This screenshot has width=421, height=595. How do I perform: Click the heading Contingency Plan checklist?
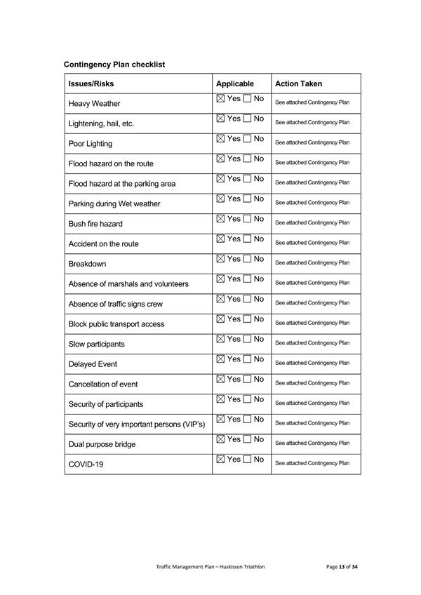[114, 65]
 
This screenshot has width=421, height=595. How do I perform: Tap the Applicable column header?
[234, 83]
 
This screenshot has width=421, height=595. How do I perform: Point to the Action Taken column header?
[299, 83]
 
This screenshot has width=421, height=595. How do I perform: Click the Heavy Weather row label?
[94, 104]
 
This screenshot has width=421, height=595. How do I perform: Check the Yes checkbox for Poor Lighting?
[221, 139]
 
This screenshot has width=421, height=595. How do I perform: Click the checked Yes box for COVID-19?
[221, 460]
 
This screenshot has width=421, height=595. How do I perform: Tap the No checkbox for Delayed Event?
[247, 359]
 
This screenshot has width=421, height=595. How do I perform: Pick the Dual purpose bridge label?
[102, 444]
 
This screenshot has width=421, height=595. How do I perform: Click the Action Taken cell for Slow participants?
[312, 343]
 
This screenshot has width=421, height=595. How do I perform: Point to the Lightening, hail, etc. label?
[101, 123]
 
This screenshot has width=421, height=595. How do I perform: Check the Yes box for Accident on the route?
[221, 239]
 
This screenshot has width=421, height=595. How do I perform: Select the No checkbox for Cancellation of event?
[247, 380]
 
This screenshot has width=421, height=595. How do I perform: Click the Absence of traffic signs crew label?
[120, 304]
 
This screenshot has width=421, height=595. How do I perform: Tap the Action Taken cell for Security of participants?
[312, 403]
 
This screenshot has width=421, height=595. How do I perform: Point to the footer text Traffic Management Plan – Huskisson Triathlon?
[210, 566]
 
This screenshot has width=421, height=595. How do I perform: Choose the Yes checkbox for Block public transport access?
[221, 319]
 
